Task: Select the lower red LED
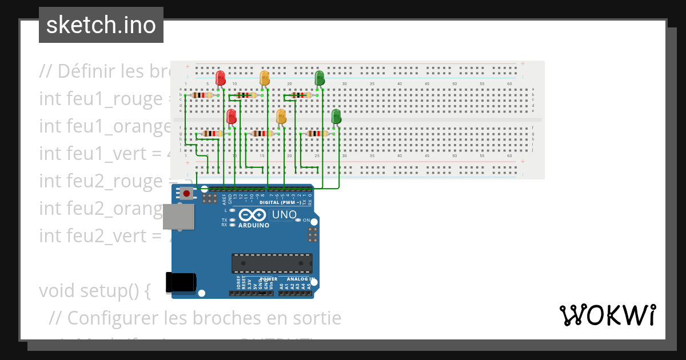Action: tap(231, 117)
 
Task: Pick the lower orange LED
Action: tap(281, 117)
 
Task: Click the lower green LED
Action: tap(336, 117)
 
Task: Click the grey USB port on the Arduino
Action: tap(178, 217)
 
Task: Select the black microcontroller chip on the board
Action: tap(272, 263)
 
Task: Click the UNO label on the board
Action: tap(284, 215)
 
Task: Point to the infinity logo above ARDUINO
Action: tap(253, 215)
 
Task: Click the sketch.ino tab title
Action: tap(101, 25)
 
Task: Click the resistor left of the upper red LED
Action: tap(202, 95)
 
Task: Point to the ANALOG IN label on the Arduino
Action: tap(297, 279)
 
